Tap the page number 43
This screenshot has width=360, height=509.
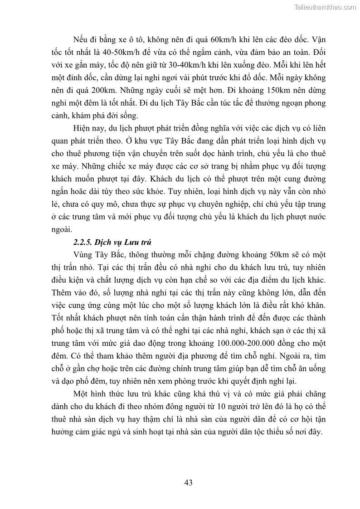tap(189, 482)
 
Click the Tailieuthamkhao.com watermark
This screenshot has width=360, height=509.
tap(325, 7)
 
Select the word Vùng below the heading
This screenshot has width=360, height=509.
tap(82, 254)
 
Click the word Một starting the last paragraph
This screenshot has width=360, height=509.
tap(81, 391)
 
